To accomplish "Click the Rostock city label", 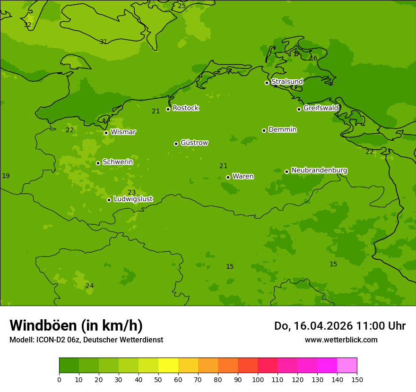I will (x=185, y=108).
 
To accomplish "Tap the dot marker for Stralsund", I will (x=267, y=83).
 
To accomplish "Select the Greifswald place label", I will (x=321, y=108).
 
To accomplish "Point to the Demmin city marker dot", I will (x=264, y=130).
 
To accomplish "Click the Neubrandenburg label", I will (x=319, y=170).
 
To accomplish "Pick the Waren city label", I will (x=243, y=177).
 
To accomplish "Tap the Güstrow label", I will (x=194, y=143).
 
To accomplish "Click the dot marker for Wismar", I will (x=106, y=133).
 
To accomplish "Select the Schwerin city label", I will (x=118, y=162).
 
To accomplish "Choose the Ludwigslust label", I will (x=133, y=199).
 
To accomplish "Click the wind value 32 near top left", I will (x=27, y=25).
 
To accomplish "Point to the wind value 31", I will (x=103, y=42).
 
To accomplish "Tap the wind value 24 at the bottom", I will (x=89, y=286).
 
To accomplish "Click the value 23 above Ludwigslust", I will (x=131, y=192).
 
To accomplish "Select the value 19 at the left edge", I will (x=6, y=176).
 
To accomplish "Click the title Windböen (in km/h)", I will (x=76, y=325).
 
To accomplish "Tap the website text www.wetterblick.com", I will (x=341, y=340).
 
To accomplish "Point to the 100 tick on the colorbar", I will (x=258, y=379).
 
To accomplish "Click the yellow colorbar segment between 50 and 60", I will (x=168, y=366).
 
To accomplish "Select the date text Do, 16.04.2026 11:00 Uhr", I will (x=339, y=326).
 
